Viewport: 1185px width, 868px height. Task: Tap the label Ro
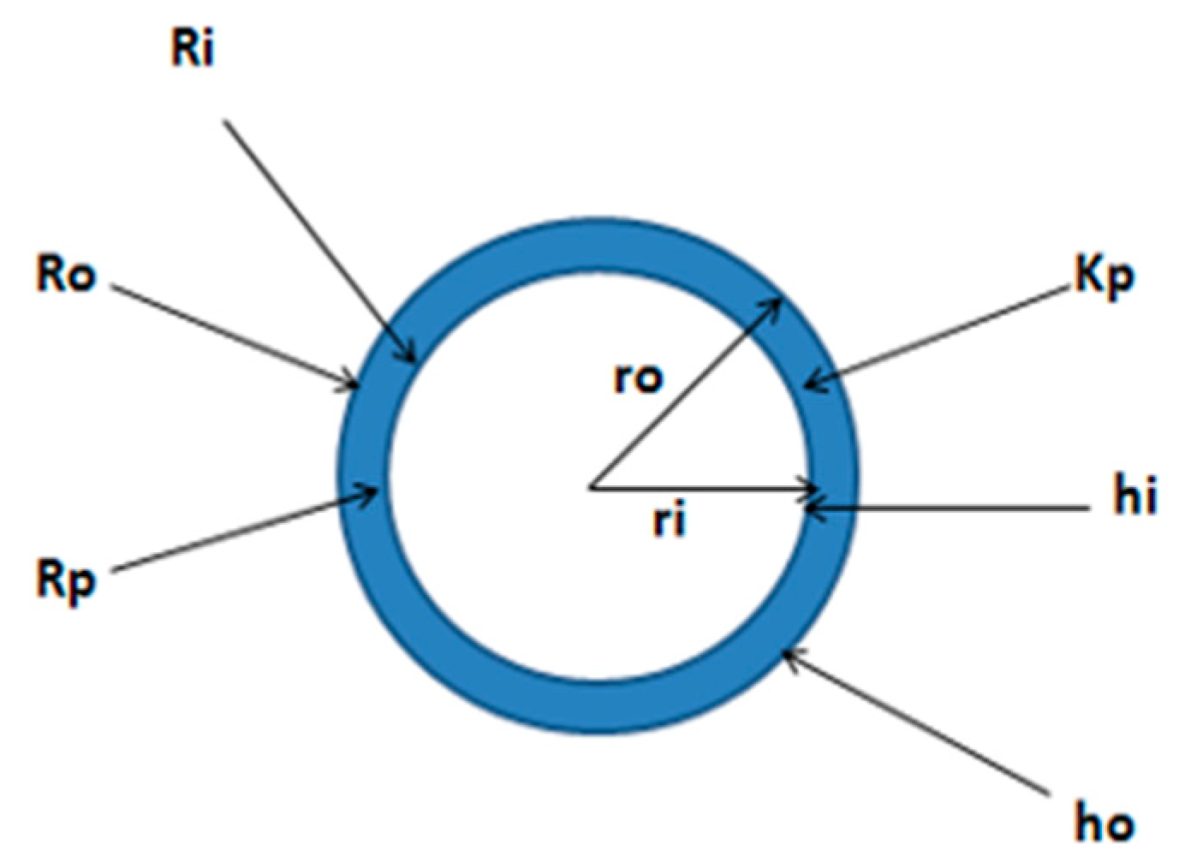point(66,276)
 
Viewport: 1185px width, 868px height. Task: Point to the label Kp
point(1104,277)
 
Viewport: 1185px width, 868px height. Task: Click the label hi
point(1134,497)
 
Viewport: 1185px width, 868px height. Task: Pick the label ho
point(1105,824)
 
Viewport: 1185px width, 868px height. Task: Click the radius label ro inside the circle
point(639,378)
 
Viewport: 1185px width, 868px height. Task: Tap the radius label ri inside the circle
point(669,520)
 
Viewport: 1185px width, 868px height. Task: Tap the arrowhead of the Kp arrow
point(812,385)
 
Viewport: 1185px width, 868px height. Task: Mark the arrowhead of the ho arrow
point(788,654)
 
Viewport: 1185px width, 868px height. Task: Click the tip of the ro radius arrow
point(777,300)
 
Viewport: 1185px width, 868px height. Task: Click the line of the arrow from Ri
point(317,235)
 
